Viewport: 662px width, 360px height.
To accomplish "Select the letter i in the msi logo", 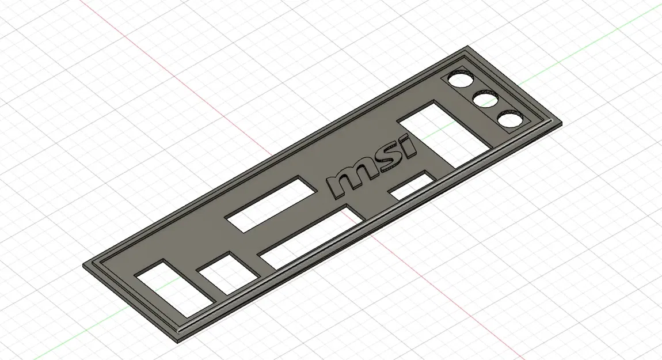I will coord(406,147).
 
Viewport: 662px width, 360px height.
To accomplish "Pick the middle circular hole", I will coord(485,100).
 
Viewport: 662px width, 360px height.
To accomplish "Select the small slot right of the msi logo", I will coord(411,184).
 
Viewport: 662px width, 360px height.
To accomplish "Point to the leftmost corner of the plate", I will coord(85,266).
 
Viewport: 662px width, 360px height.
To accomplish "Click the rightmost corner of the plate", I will coord(561,123).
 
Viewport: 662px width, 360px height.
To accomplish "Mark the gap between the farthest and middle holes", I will coord(473,90).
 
